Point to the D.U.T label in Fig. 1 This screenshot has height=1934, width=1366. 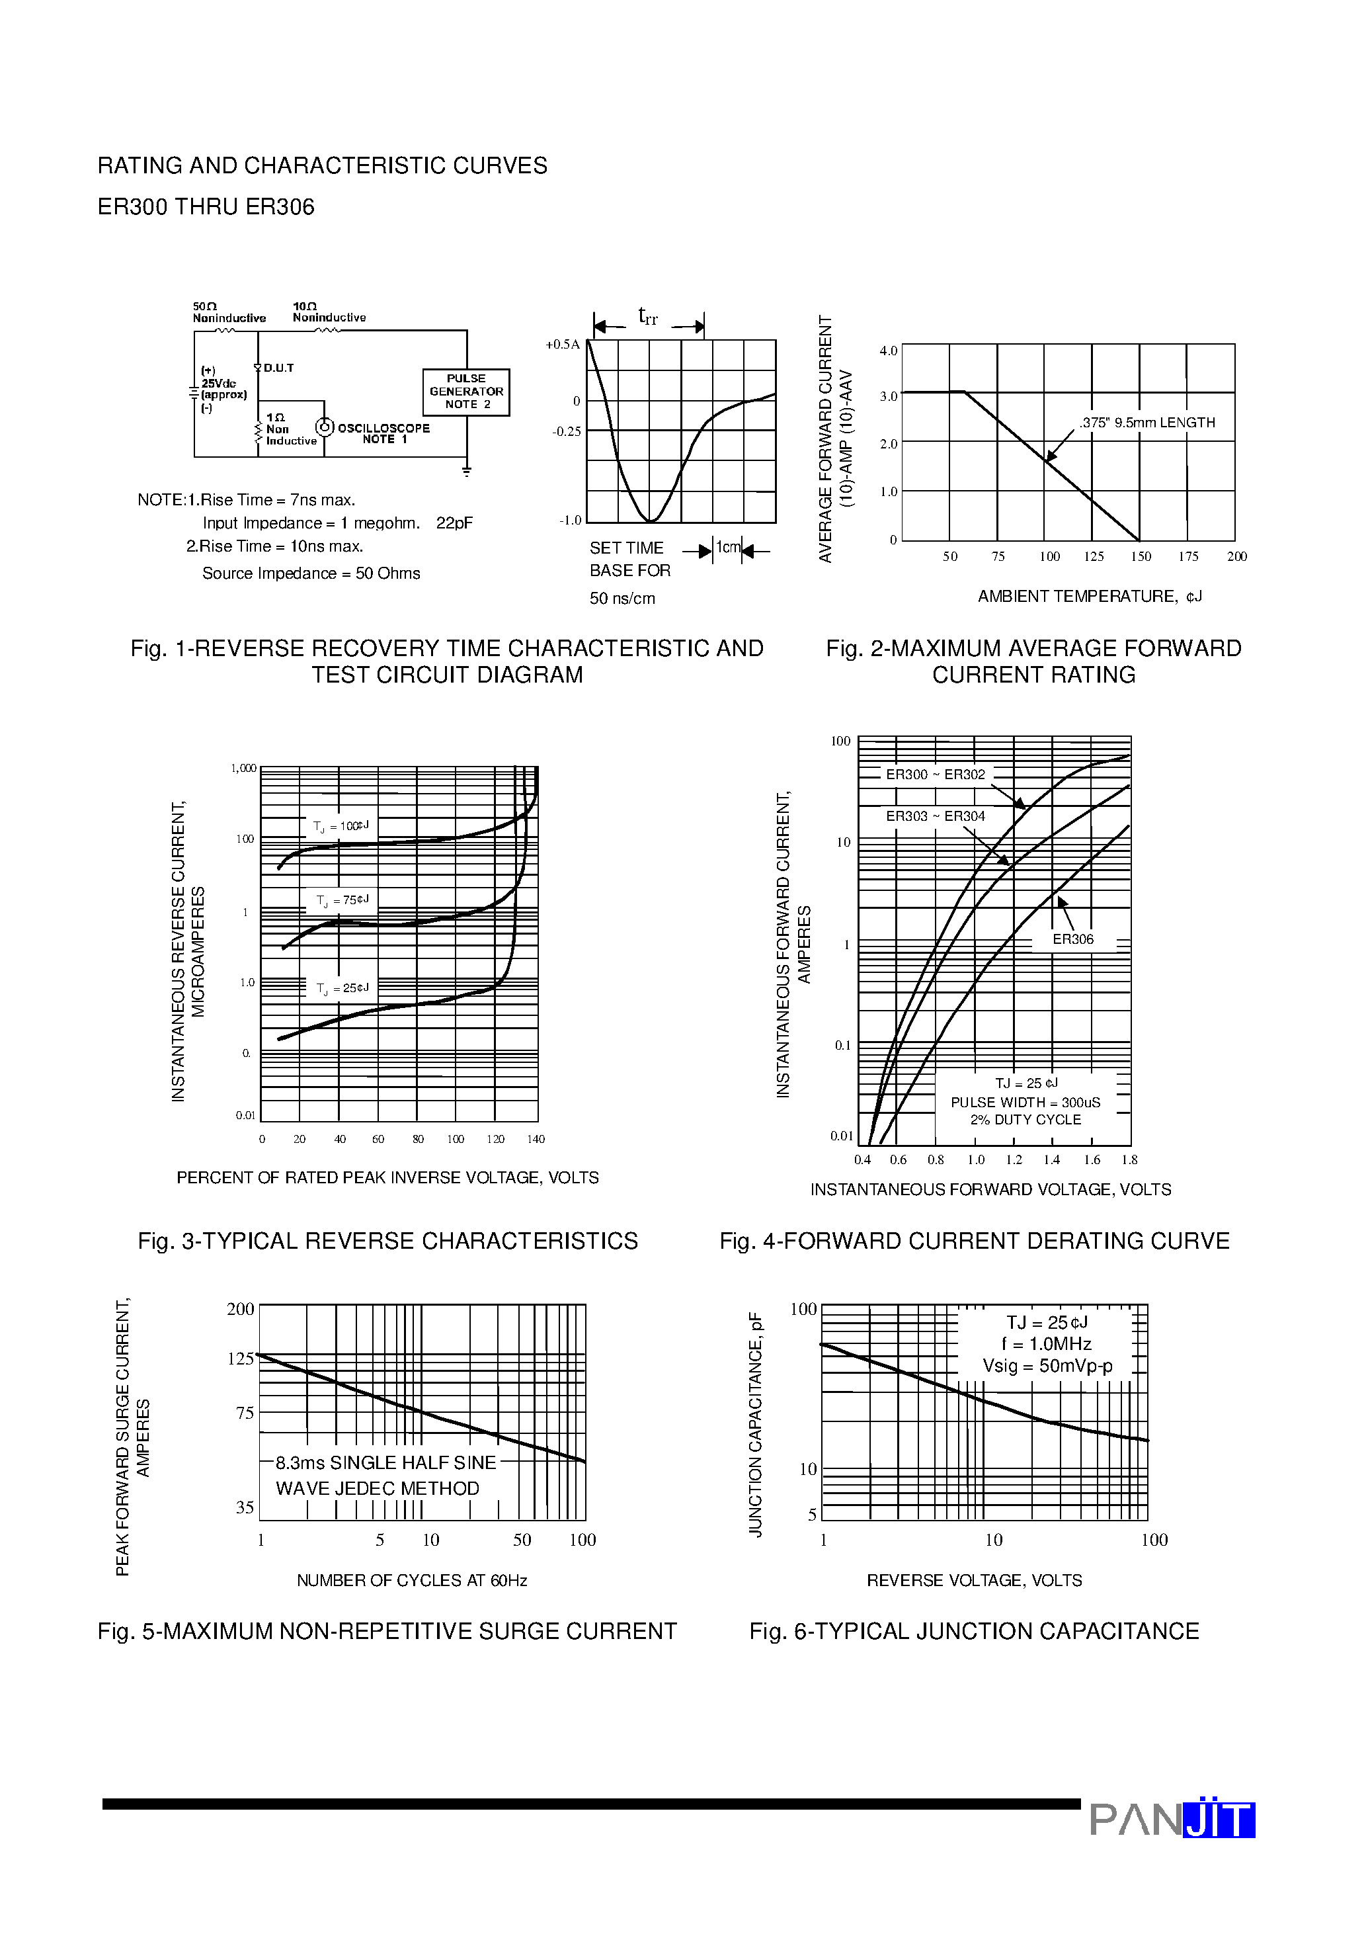coord(278,368)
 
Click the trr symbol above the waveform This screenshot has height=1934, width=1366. coord(648,317)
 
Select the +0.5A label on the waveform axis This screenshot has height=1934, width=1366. coord(563,345)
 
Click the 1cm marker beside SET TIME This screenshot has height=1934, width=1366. coord(728,548)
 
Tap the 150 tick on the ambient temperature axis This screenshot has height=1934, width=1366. coord(1141,557)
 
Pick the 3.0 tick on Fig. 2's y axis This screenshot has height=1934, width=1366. coord(889,396)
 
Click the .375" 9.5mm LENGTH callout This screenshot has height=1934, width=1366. coord(1147,423)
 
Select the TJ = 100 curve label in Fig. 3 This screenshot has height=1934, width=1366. coord(341,826)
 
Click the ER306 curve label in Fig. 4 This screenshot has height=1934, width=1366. coord(1073,939)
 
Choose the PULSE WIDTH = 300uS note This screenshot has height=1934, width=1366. coord(1025,1103)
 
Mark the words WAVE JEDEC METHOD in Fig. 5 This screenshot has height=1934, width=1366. coord(378,1488)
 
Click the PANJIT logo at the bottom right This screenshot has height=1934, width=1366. coord(1172,1820)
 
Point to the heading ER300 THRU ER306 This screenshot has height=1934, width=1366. coord(206,207)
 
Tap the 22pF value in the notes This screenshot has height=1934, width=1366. coord(454,523)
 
